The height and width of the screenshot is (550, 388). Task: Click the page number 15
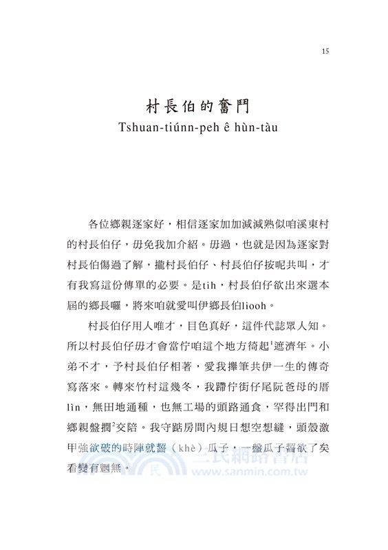click(x=325, y=50)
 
